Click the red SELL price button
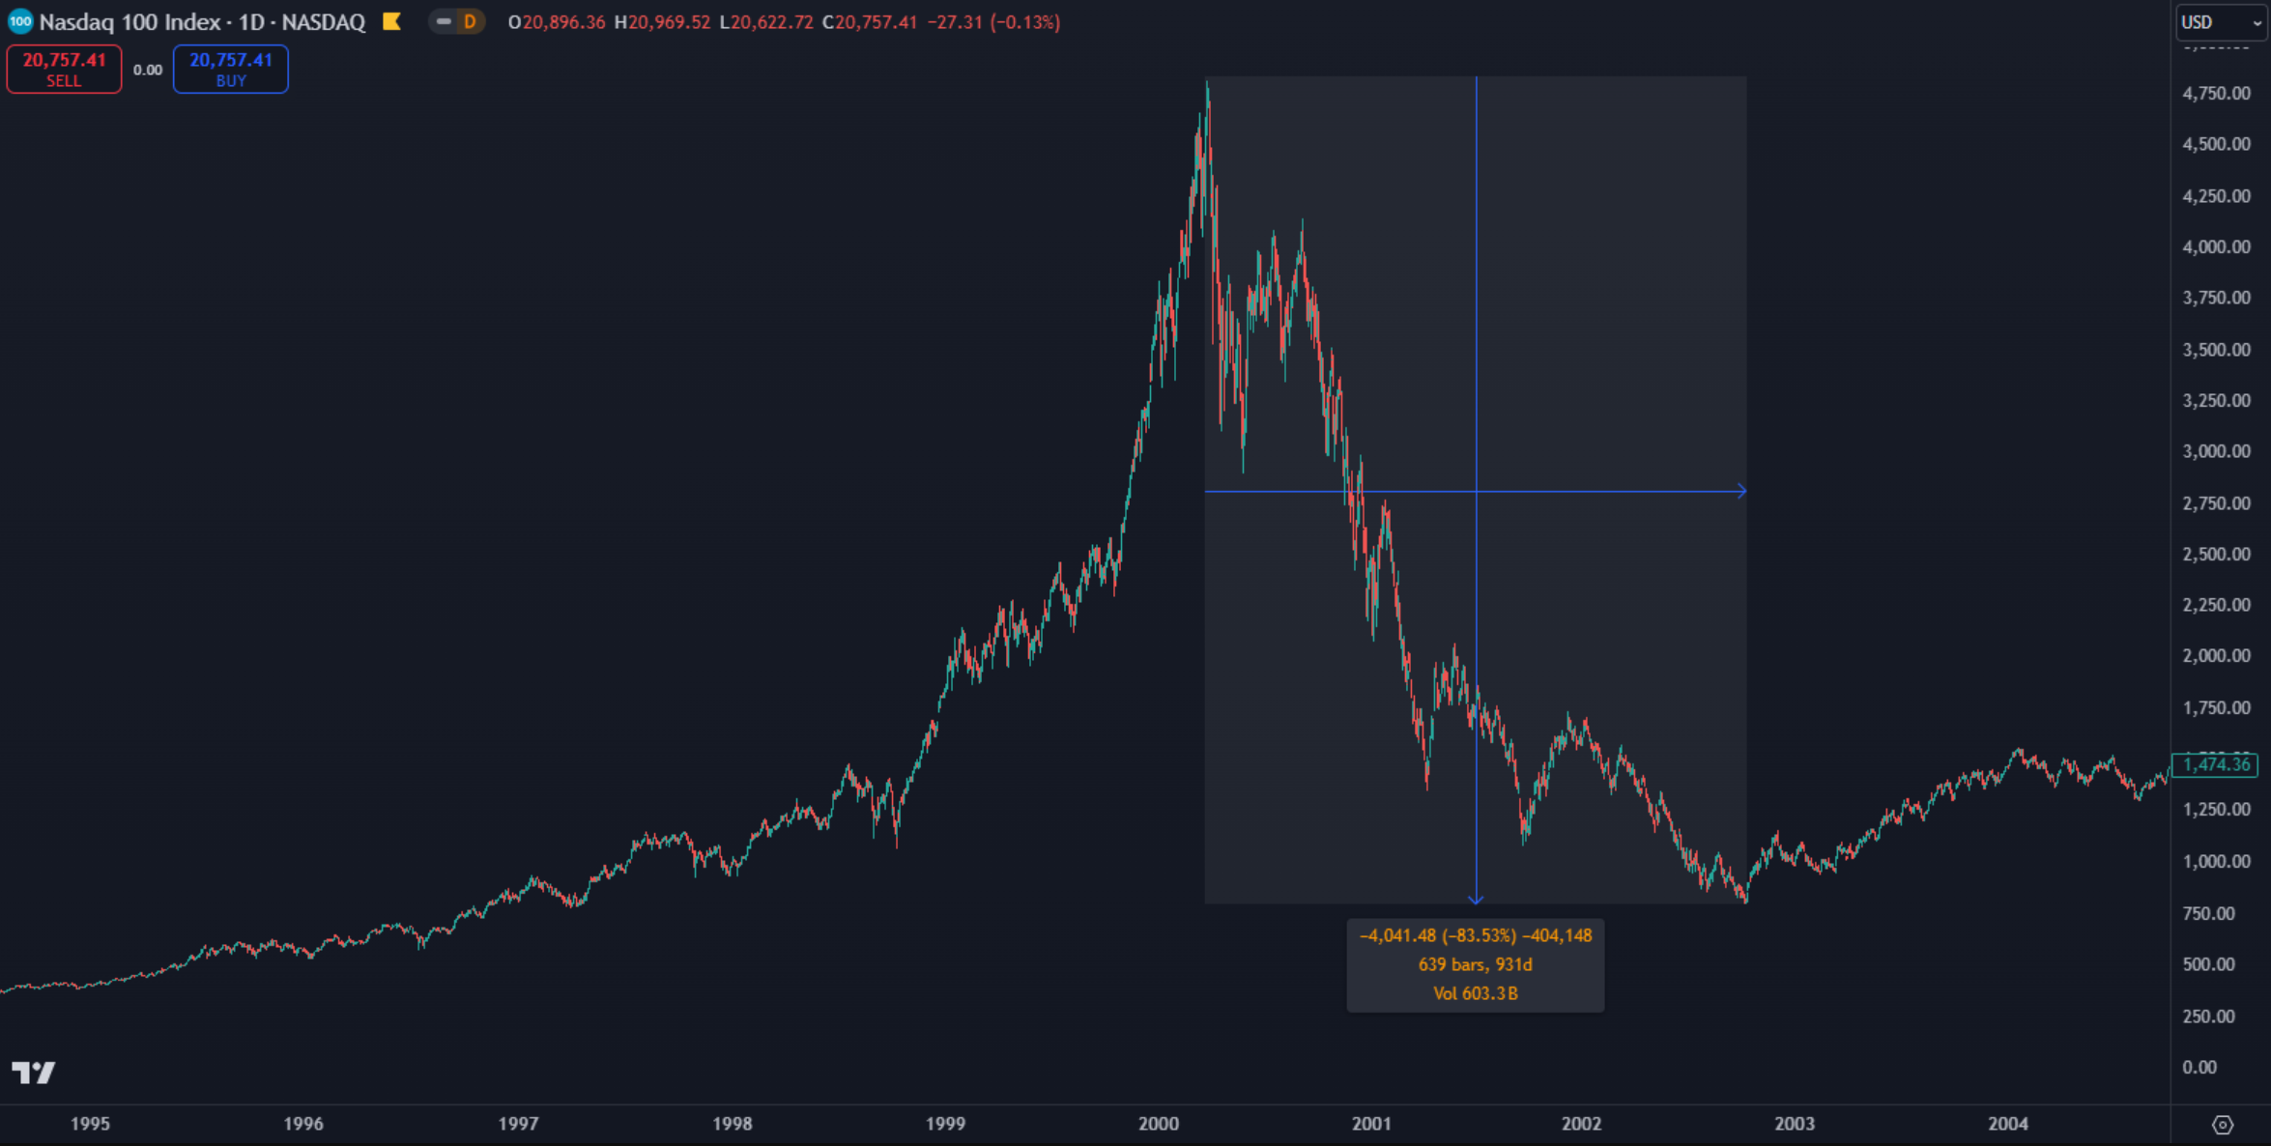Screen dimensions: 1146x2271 (64, 69)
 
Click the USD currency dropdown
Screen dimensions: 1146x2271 (2221, 22)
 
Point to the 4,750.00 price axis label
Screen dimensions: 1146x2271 (2216, 94)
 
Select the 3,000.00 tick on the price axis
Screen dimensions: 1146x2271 (2216, 451)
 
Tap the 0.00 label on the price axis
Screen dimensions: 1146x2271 (2199, 1067)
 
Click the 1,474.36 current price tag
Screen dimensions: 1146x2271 (2215, 764)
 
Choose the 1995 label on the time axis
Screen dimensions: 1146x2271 (90, 1124)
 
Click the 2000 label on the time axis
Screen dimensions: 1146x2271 (1158, 1124)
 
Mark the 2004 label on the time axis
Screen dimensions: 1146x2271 (2008, 1124)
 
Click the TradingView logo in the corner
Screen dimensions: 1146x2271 (34, 1073)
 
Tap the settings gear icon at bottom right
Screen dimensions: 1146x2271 (2223, 1125)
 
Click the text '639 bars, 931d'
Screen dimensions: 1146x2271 (1475, 964)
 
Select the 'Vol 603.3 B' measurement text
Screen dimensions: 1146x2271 (1475, 993)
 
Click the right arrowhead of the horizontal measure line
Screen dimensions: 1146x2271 (1741, 491)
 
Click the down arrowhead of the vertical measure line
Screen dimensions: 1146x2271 (1476, 900)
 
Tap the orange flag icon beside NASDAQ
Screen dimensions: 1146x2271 (391, 21)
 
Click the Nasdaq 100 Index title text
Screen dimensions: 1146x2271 (129, 22)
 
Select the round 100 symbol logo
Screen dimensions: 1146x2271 (19, 21)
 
